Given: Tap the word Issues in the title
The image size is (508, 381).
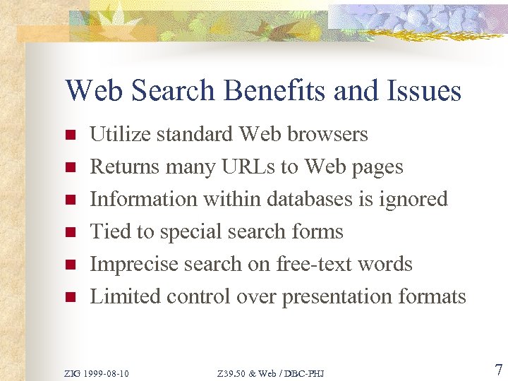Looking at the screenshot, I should [x=423, y=91].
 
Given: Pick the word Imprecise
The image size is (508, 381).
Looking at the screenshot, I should [x=135, y=264].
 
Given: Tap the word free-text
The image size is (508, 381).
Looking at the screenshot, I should [x=314, y=264].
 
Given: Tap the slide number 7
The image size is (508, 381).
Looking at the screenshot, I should [x=497, y=370].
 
